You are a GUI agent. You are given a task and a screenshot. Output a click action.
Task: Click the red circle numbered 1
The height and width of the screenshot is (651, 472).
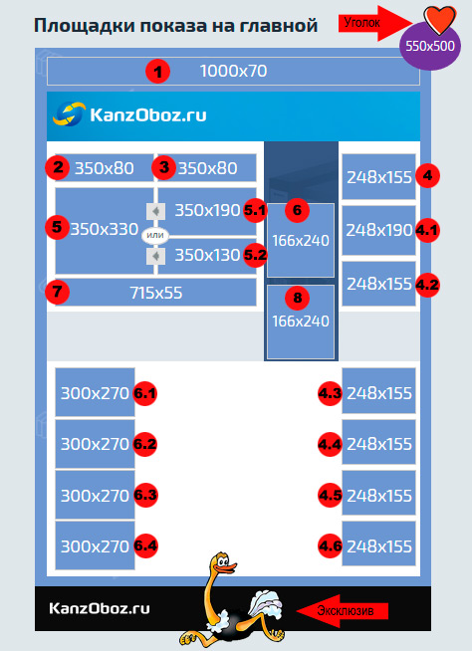point(157,72)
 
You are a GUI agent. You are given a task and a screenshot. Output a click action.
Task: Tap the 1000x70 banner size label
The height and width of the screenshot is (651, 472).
point(233,71)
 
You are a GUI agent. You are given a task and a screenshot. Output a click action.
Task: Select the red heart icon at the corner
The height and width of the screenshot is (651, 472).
point(439,20)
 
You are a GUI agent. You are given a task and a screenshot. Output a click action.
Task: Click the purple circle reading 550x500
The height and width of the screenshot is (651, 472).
point(430,46)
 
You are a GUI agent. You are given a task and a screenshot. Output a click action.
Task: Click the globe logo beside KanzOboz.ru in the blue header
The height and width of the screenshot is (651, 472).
point(69,113)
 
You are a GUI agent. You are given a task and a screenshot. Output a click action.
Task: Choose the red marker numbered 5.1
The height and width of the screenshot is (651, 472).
point(255,210)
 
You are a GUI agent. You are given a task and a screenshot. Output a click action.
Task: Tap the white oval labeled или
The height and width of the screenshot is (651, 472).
point(155,235)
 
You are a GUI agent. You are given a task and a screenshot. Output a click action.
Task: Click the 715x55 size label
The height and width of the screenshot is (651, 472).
point(155,293)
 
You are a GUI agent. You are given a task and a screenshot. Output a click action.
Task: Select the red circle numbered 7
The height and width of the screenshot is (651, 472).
point(57,292)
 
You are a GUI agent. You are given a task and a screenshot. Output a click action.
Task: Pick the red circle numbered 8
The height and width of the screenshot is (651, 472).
point(297,298)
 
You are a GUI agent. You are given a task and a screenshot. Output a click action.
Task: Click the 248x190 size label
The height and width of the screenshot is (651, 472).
point(379,230)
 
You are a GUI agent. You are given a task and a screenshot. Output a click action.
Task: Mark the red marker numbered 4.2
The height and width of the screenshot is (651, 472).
point(427,286)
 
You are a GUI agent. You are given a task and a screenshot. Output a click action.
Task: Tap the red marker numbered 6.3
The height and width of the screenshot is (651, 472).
point(145,495)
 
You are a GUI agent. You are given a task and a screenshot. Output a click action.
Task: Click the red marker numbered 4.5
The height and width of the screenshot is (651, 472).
point(331,496)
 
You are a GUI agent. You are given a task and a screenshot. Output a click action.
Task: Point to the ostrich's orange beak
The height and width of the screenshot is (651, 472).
point(228,566)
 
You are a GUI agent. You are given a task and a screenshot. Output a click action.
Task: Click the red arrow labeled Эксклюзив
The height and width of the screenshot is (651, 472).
point(342,611)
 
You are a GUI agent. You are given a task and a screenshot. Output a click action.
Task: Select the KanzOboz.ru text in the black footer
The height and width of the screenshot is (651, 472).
point(100,608)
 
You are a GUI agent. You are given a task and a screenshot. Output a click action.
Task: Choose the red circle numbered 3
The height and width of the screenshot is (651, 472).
point(163,168)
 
